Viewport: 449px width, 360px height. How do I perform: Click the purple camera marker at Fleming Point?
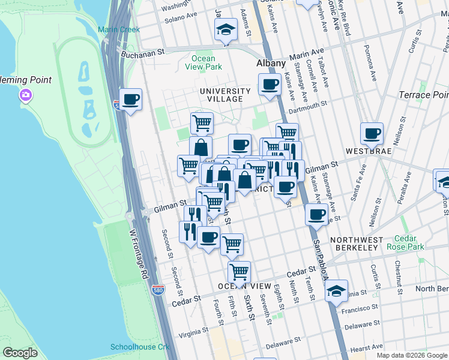point(25,95)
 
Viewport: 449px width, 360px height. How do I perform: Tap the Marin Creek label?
point(119,29)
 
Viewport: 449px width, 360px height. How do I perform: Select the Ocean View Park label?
point(203,62)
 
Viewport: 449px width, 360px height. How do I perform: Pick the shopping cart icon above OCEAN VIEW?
point(240,271)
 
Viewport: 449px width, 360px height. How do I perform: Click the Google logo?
point(20,352)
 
